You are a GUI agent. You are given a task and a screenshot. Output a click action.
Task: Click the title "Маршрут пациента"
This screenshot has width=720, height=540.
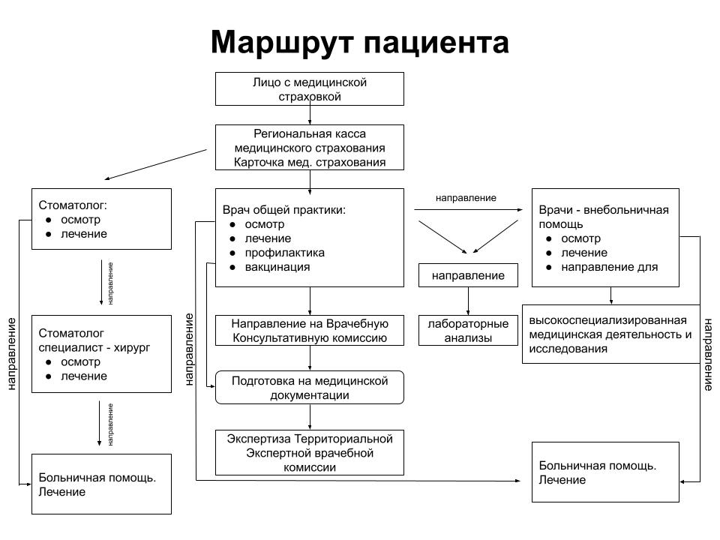click(359, 42)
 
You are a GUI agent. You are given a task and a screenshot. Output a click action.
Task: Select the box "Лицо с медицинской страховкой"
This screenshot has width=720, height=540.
click(310, 88)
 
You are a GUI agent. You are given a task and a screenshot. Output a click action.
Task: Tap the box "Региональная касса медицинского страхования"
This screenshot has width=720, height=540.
click(310, 147)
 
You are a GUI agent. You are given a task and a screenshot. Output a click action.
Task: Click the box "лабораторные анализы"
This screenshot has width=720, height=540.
click(468, 331)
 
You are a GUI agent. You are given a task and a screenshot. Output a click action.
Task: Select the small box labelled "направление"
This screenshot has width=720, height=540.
click(468, 275)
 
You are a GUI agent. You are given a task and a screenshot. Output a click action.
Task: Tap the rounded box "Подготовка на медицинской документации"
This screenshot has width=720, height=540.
click(310, 388)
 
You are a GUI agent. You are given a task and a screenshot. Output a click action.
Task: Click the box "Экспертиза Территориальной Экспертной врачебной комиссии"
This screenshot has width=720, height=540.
click(310, 452)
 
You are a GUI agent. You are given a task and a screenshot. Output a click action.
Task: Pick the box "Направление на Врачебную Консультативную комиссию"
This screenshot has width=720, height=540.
click(310, 331)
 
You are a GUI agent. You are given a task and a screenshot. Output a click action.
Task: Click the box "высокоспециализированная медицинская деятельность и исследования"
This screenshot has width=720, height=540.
click(610, 334)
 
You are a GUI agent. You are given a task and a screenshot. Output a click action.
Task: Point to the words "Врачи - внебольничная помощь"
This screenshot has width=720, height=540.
click(604, 217)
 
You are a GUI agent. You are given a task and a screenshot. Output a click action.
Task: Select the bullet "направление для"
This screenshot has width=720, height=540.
click(610, 267)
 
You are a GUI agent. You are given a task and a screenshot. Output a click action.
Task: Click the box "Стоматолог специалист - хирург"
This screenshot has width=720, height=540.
click(101, 354)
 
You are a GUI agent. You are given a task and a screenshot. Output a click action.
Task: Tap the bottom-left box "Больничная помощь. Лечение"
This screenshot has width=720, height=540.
click(101, 484)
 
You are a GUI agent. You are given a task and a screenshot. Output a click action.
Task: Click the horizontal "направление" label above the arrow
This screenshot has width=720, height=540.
click(466, 198)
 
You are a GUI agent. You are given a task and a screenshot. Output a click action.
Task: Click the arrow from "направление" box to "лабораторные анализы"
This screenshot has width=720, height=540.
click(468, 301)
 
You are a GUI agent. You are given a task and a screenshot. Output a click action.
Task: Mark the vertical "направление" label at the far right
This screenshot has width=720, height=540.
click(708, 355)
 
